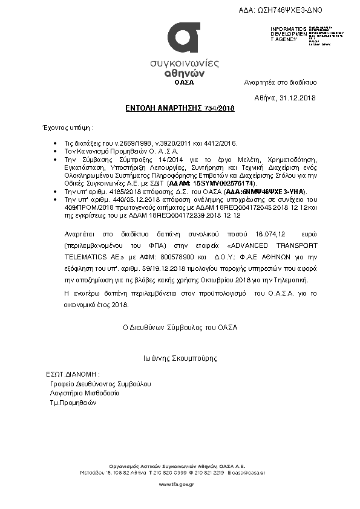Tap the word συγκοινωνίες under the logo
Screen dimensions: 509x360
(184, 63)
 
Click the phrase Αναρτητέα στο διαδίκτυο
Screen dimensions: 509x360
(280, 82)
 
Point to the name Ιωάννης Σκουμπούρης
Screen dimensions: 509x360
(180, 358)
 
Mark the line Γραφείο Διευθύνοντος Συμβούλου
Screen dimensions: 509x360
(100, 384)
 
